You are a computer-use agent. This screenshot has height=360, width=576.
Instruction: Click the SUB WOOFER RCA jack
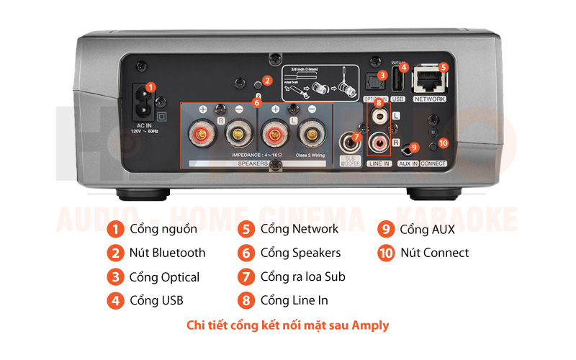(x=351, y=140)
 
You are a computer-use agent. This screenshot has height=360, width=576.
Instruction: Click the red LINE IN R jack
(x=379, y=143)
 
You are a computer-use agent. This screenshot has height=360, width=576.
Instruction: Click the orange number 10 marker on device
(x=443, y=143)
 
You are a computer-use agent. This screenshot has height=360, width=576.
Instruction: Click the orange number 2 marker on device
(x=266, y=81)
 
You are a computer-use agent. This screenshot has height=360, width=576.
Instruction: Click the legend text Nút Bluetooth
(x=167, y=253)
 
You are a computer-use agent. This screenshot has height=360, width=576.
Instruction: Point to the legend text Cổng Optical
(x=164, y=277)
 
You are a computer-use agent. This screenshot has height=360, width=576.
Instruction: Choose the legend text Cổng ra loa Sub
(x=302, y=277)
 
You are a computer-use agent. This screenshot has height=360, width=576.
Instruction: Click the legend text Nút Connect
(x=434, y=253)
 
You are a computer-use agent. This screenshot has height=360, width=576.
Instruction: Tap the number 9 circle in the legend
(x=386, y=230)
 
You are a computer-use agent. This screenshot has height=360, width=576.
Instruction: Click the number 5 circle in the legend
(x=247, y=230)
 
